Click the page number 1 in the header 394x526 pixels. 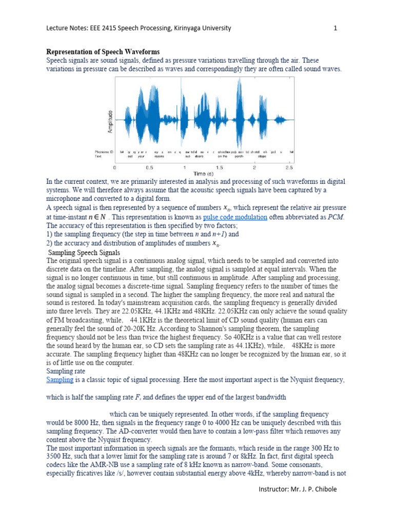coord(336,28)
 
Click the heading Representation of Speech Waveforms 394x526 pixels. coord(103,52)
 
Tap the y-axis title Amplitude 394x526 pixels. coord(110,122)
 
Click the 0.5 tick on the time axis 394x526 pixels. coord(150,167)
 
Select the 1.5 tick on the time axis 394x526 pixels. coord(219,167)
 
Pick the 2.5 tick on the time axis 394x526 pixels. coord(289,167)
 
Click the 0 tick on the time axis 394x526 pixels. coord(115,167)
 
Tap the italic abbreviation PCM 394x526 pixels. coord(336,217)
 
